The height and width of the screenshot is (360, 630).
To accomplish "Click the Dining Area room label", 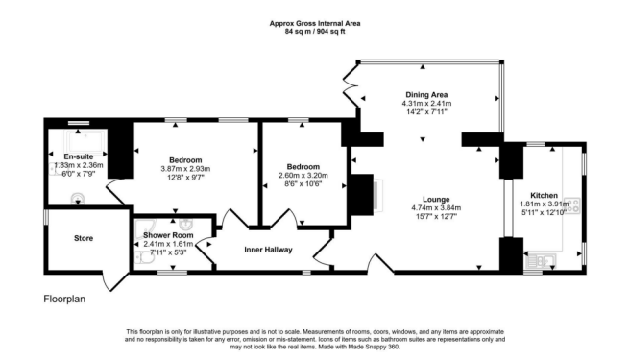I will (424, 94).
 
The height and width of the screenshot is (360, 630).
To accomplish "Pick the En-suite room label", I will (78, 156).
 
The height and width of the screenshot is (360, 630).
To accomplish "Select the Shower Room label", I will (169, 234).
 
